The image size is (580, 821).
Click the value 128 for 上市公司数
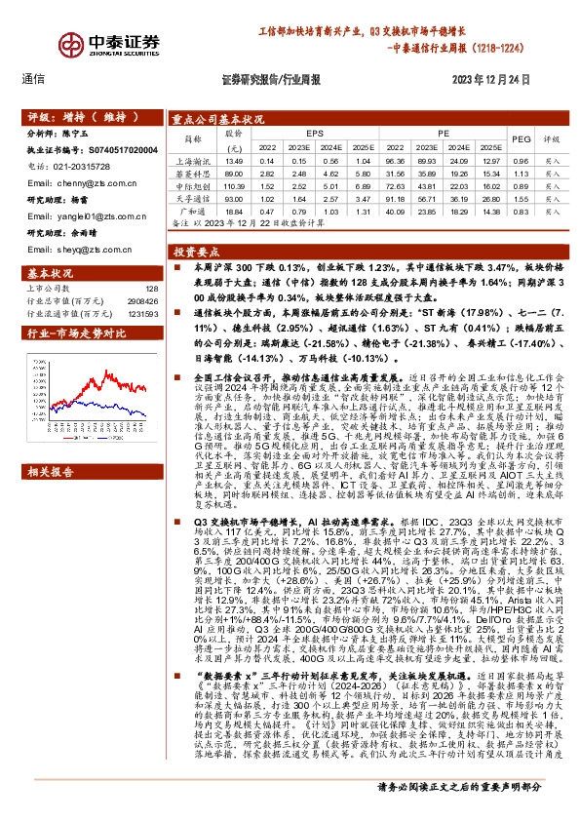pyautogui.click(x=151, y=289)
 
